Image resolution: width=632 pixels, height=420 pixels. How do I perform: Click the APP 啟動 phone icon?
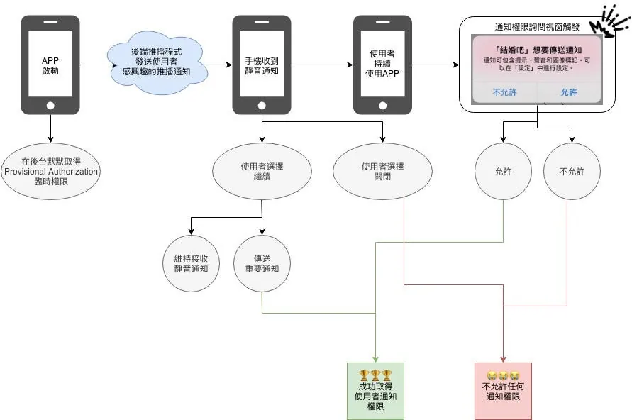point(50,65)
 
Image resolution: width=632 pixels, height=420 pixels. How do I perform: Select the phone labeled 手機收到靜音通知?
point(262,65)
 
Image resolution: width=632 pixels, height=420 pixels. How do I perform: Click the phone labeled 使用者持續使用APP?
point(382,65)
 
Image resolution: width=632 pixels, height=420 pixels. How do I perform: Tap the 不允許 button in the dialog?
point(505,92)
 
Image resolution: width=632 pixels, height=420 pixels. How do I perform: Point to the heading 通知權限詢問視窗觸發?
point(537,27)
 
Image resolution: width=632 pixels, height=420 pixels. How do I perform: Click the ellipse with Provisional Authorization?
point(50,172)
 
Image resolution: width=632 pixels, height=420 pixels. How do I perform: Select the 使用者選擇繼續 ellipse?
point(262,172)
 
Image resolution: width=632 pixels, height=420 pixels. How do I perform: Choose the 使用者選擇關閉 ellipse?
point(382,172)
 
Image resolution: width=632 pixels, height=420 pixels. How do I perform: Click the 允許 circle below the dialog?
point(503,172)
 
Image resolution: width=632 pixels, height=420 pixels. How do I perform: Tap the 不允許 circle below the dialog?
point(572,172)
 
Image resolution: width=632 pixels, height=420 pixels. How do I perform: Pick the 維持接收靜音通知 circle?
point(192,263)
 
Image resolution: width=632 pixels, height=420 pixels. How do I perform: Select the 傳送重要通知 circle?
point(262,263)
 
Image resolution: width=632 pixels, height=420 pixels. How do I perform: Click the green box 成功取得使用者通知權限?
point(375,391)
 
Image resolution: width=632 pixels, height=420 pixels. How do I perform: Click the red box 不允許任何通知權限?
point(503,391)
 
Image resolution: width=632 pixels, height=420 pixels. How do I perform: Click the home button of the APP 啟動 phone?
point(50,105)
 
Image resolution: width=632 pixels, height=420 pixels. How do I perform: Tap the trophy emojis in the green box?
point(375,375)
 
